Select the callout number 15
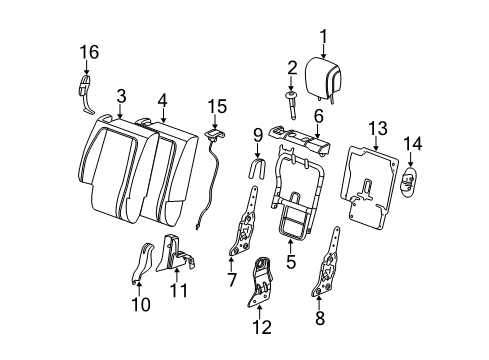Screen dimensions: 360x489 point(216,104)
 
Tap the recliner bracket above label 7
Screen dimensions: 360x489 point(245,240)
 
